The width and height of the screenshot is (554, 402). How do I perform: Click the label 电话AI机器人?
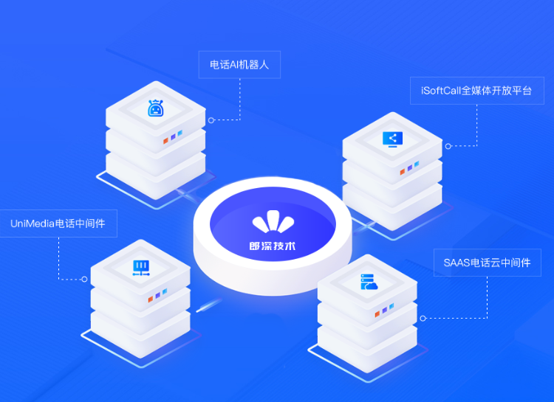pos(239,65)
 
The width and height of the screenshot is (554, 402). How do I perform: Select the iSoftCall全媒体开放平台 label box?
pos(477,91)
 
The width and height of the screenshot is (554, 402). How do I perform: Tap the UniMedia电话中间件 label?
pos(58,223)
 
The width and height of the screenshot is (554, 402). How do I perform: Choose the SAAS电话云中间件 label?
pos(488,263)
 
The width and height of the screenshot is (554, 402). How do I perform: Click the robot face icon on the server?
pos(155,108)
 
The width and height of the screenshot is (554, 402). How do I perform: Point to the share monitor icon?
pos(392,139)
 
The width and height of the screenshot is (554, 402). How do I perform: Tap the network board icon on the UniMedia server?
pos(141,268)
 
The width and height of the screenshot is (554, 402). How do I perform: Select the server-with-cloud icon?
pos(369,282)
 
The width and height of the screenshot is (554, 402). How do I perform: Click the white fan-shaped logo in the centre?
pos(273,221)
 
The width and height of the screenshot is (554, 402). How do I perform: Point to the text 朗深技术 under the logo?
pos(273,246)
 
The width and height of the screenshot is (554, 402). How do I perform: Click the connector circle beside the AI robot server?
pos(211,120)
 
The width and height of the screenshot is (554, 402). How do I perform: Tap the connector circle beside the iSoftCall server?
pos(448,146)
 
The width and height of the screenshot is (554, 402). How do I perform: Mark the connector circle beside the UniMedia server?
pos(84,279)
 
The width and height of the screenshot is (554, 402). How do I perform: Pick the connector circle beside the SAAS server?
pos(423,319)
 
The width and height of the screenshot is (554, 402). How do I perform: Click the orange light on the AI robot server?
pos(165,141)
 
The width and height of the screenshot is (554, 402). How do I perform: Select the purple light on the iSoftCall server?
pos(410,168)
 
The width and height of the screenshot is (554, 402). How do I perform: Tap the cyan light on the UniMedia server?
pos(165,291)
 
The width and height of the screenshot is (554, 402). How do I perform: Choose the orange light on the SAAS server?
pos(377,313)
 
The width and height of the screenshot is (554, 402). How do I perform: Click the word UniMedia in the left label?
pos(33,223)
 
